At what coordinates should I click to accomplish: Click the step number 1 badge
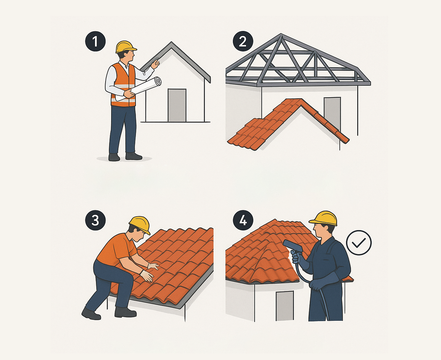[x=95, y=41]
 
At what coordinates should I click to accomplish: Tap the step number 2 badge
[x=243, y=41]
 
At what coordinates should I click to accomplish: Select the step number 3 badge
[x=95, y=220]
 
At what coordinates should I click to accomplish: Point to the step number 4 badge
[x=243, y=220]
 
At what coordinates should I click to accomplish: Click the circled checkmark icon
[x=359, y=243]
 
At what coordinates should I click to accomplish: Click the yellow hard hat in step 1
[x=126, y=46]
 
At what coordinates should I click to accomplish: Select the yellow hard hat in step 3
[x=140, y=225]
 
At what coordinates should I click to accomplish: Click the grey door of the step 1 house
[x=177, y=105]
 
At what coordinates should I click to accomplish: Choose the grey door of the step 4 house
[x=285, y=306]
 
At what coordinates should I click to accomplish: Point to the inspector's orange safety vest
[x=123, y=85]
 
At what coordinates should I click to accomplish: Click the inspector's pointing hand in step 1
[x=155, y=64]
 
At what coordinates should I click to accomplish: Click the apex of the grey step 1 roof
[x=172, y=42]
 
